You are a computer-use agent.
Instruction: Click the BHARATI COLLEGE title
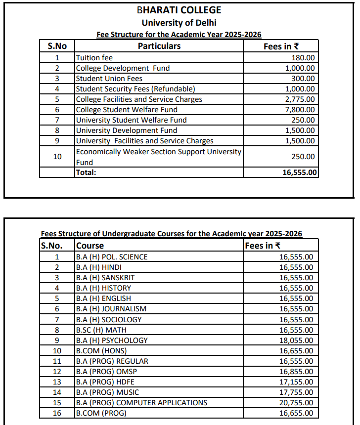pyautogui.click(x=179, y=10)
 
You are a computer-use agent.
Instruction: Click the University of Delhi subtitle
pyautogui.click(x=179, y=22)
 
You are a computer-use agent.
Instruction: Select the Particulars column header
pyautogui.click(x=159, y=46)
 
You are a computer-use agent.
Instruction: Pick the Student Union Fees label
pyautogui.click(x=109, y=79)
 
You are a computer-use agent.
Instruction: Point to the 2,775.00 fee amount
pyautogui.click(x=300, y=99)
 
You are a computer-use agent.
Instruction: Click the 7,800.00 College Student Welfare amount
pyautogui.click(x=300, y=110)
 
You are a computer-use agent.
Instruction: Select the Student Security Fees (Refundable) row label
pyautogui.click(x=135, y=89)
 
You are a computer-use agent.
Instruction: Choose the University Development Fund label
pyautogui.click(x=126, y=130)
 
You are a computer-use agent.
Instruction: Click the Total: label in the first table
pyautogui.click(x=86, y=172)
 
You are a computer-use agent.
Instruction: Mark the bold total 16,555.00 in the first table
pyautogui.click(x=298, y=172)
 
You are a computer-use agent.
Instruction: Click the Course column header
pyautogui.click(x=90, y=245)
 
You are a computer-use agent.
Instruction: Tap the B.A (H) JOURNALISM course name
pyautogui.click(x=111, y=309)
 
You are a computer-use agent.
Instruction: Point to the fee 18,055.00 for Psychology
pyautogui.click(x=296, y=340)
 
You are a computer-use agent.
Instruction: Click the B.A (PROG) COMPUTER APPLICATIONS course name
pyautogui.click(x=141, y=402)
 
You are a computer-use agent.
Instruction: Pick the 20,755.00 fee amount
pyautogui.click(x=296, y=402)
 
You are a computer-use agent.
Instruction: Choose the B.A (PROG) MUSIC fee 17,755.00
pyautogui.click(x=296, y=392)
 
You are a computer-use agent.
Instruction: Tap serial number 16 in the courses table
pyautogui.click(x=57, y=413)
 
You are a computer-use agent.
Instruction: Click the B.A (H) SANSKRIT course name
pyautogui.click(x=105, y=278)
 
